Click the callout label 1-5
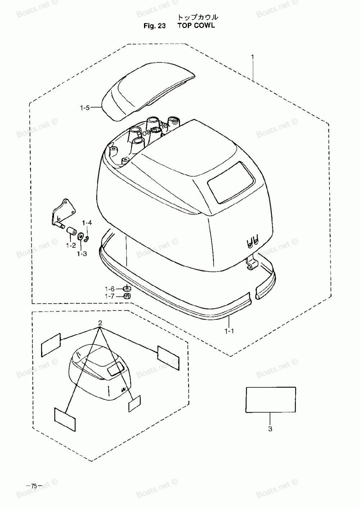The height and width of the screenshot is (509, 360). pos(85,107)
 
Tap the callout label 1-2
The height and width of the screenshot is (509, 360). pos(71,245)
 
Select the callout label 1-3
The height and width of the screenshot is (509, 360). pos(82,254)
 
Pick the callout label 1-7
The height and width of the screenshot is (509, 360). pos(109,296)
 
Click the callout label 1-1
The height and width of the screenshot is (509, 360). pos(229,331)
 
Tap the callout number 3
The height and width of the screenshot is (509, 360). pos(270,429)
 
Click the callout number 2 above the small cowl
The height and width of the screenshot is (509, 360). pos(100,323)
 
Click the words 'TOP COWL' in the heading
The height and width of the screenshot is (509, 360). pos(196,26)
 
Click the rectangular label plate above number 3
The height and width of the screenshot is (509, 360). pos(271,399)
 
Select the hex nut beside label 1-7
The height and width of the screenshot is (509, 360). pos(126,296)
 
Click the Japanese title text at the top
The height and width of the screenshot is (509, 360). pos(197,17)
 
